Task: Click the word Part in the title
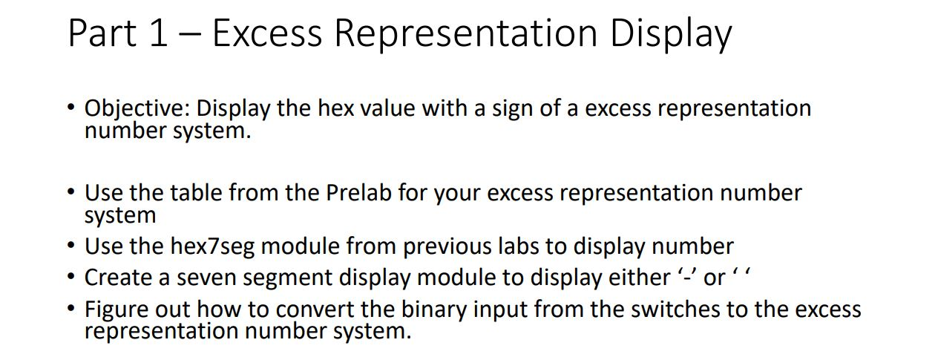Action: click(102, 33)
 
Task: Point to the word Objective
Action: click(137, 108)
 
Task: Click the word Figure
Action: click(120, 309)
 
